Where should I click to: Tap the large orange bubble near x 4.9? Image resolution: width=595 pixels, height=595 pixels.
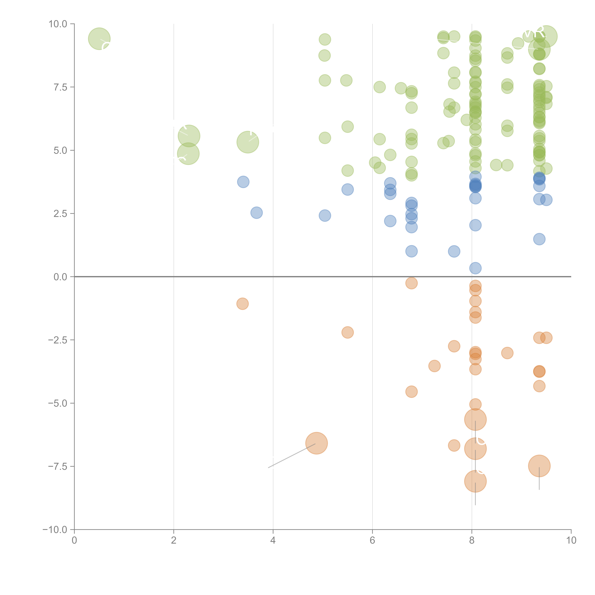(316, 443)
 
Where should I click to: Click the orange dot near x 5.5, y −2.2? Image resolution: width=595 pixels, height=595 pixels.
(347, 332)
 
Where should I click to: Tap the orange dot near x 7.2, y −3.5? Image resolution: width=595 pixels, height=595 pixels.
(434, 366)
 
